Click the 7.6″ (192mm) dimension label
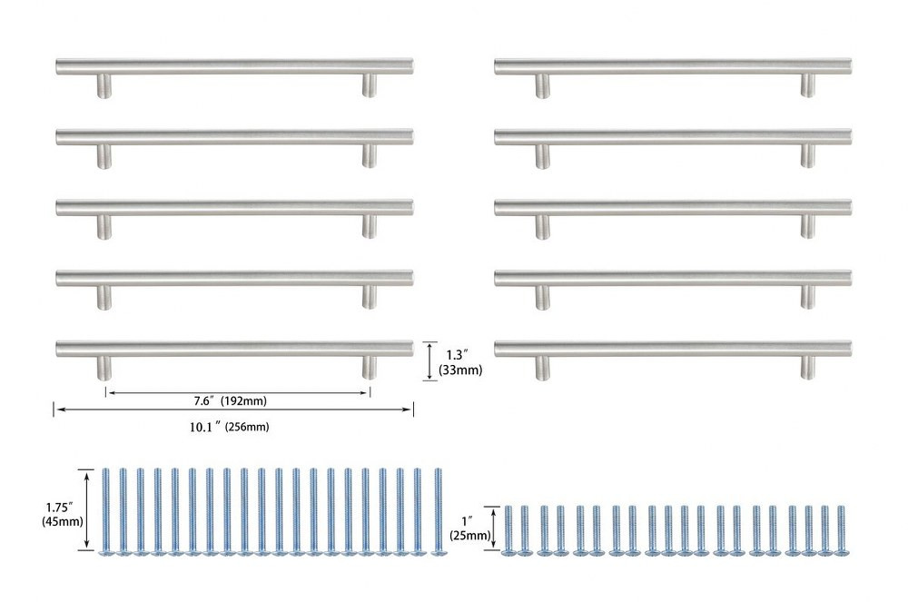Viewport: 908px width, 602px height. pos(230,400)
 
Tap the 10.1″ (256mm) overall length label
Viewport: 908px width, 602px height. pos(230,427)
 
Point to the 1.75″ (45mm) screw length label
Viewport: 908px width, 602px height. pos(62,514)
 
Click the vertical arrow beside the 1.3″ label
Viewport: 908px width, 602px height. pos(429,360)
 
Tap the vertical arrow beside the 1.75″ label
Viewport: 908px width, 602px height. pos(87,508)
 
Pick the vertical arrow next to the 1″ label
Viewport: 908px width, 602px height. pos(493,528)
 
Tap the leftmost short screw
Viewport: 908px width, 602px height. pos(508,531)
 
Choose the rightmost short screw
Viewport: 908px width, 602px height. pos(840,531)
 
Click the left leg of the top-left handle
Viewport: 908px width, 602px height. pos(104,85)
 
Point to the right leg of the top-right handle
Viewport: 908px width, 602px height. pos(807,85)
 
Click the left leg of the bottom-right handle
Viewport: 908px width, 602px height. pos(542,368)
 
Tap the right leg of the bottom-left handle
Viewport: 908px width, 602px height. pos(369,367)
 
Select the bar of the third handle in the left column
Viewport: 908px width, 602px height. pos(234,207)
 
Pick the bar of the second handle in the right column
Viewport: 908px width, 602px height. pos(673,136)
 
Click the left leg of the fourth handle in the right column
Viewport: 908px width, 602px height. pos(542,297)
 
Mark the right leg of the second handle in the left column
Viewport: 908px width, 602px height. pos(369,155)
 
